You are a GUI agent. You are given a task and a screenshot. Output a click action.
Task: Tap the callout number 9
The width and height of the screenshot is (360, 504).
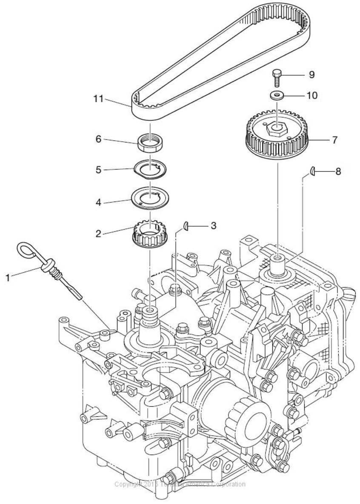tap(312, 75)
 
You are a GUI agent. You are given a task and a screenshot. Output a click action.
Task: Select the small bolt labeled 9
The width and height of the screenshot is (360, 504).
tap(277, 77)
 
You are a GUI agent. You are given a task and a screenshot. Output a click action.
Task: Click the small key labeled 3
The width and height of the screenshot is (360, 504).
tap(186, 226)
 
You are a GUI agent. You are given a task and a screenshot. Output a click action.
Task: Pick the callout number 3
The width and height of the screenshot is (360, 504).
tap(213, 225)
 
